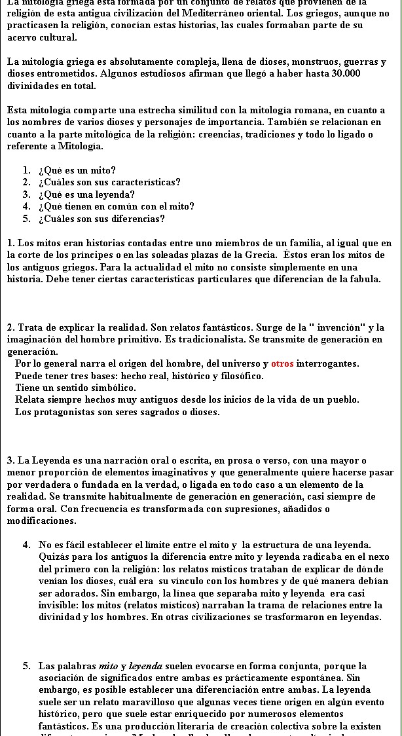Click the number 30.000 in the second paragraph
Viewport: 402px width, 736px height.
[346, 74]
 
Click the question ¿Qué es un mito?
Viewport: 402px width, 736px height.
[77, 170]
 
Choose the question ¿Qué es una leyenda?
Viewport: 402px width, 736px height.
[86, 194]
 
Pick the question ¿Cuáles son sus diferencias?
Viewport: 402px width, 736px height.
[101, 219]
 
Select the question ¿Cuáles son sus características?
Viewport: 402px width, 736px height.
[109, 182]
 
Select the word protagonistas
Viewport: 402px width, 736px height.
[60, 412]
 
